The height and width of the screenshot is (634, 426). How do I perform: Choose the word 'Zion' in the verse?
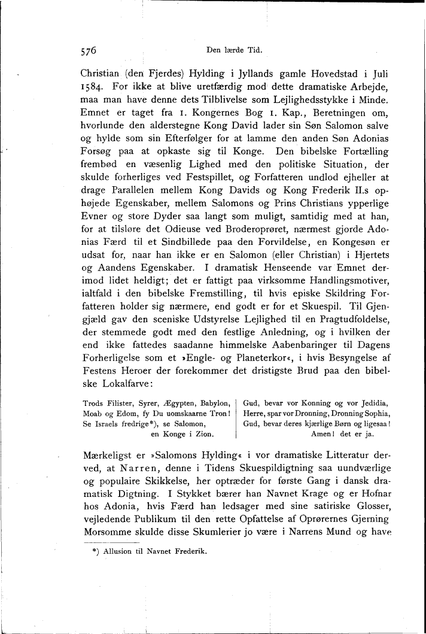click(x=220, y=435)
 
